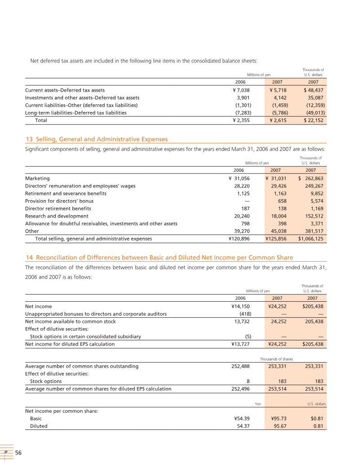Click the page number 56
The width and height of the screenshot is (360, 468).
tap(18, 453)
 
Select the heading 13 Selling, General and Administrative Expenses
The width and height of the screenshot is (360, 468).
tap(96, 139)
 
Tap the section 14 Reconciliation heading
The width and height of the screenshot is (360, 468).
tap(159, 258)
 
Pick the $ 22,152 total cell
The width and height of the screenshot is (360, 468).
tap(314, 120)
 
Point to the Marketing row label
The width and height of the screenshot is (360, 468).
tap(37, 178)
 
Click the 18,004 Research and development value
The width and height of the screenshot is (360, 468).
tap(277, 216)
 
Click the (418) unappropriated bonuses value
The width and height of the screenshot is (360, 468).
tap(243, 314)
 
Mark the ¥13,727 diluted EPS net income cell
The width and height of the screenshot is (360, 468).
tap(240, 344)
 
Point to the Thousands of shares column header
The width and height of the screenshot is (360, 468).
tap(275, 359)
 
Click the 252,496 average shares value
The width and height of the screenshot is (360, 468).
tap(240, 389)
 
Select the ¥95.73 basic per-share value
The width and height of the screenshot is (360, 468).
tap(279, 419)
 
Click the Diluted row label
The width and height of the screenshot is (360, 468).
tap(39, 426)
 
